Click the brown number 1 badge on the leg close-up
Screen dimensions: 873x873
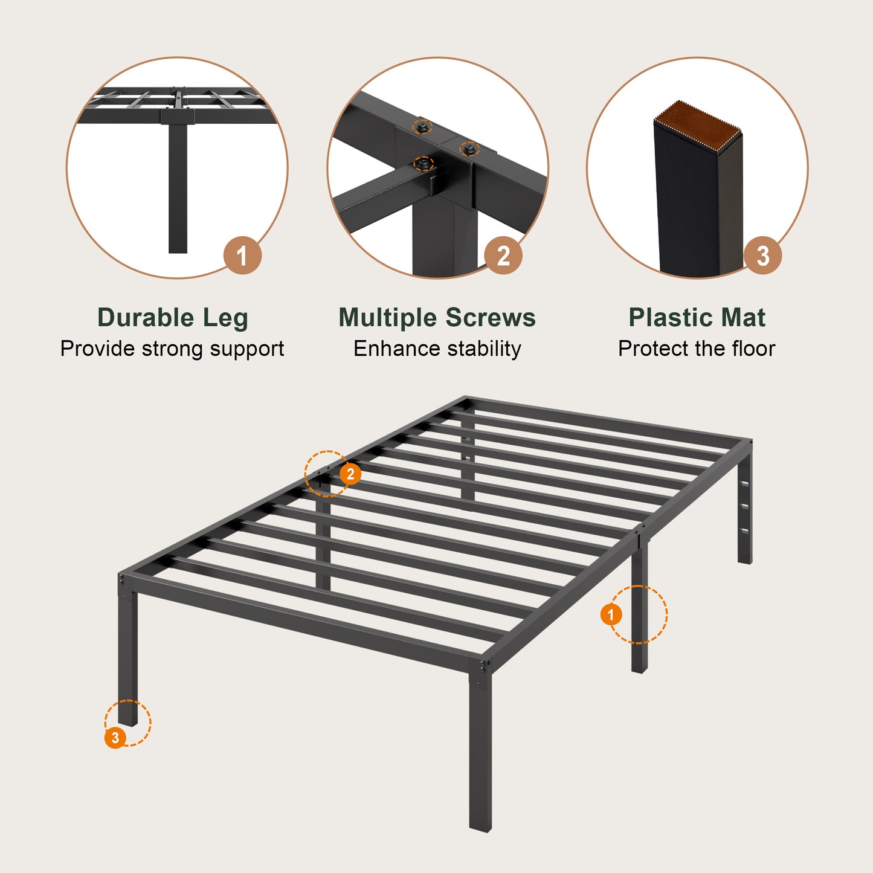tap(242, 256)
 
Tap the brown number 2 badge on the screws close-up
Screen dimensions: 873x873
tap(503, 256)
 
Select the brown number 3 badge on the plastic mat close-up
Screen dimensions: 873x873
tap(762, 256)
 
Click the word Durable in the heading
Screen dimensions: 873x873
tap(146, 318)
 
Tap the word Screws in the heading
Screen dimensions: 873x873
tap(491, 318)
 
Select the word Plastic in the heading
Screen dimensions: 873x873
tap(672, 318)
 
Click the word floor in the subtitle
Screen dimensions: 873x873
tap(753, 349)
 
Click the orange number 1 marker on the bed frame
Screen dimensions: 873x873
tap(611, 615)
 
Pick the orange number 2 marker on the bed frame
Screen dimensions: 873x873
tap(350, 474)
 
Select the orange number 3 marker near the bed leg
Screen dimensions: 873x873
tap(115, 738)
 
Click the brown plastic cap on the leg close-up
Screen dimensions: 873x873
tap(698, 124)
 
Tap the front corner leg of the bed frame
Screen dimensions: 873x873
tap(480, 755)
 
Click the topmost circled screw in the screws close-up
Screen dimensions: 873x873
tap(422, 127)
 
